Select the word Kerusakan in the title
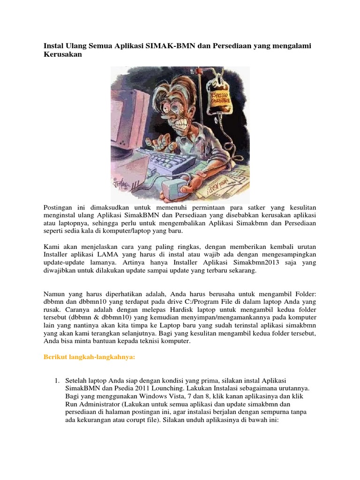coord(63,55)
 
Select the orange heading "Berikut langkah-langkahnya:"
coord(89,358)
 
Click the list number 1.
coord(57,379)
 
